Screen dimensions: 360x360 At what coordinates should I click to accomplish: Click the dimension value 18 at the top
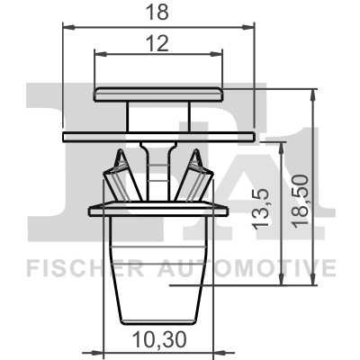159,13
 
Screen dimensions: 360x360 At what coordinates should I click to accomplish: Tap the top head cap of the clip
158,93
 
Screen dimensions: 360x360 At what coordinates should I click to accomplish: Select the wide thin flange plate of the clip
159,135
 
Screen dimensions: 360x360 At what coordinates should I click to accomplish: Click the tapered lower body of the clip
159,270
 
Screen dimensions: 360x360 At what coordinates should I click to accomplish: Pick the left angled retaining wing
121,177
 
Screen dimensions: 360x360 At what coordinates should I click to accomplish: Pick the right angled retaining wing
196,177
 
